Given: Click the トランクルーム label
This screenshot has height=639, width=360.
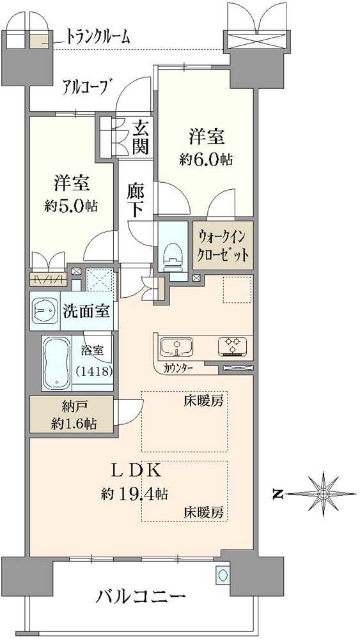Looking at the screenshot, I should click(x=98, y=37).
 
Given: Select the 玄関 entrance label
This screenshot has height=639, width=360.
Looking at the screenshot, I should click(x=141, y=137).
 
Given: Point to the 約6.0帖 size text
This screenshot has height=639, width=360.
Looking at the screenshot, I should click(x=205, y=160).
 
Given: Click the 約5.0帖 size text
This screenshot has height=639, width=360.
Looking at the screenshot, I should click(x=70, y=206).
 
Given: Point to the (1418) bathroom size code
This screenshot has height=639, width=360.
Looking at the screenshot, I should click(x=94, y=371).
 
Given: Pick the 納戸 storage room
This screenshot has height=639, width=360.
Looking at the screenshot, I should click(x=71, y=415).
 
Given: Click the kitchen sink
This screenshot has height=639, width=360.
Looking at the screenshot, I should click(x=176, y=348).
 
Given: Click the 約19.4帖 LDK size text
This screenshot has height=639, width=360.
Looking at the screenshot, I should click(x=134, y=494).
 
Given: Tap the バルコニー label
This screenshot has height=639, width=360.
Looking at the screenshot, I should click(x=141, y=597).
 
